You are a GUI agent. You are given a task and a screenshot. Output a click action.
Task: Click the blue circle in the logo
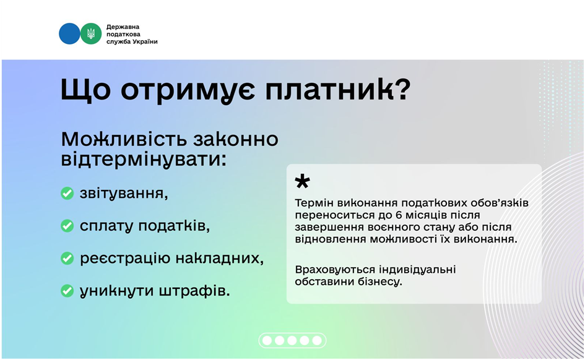[69, 33]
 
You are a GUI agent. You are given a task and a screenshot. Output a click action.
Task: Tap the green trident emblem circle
[91, 33]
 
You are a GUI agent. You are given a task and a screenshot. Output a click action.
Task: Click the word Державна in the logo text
[123, 27]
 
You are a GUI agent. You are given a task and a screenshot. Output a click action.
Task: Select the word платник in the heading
[329, 90]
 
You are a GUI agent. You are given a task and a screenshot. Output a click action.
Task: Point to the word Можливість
[124, 139]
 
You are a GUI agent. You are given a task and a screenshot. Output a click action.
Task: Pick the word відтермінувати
[144, 160]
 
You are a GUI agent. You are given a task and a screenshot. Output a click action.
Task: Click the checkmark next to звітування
[67, 194]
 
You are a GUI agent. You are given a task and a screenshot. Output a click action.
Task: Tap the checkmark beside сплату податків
[67, 226]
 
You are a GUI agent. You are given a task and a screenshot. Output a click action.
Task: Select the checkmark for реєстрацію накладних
[67, 259]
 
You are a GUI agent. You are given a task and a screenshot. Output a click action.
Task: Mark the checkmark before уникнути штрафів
[67, 291]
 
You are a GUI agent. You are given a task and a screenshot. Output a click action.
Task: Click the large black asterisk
[302, 181]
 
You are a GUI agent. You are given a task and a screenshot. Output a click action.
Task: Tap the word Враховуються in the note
[335, 270]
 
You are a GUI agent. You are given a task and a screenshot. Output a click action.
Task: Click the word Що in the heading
[85, 90]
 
